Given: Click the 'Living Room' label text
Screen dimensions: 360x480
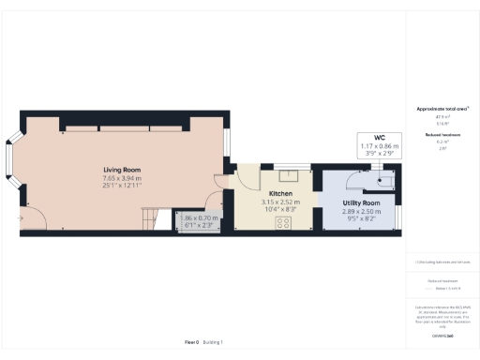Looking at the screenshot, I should coord(122,170).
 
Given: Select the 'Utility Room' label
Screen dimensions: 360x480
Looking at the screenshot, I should coord(361,203).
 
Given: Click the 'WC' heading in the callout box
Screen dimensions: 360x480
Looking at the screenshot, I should coord(380,138).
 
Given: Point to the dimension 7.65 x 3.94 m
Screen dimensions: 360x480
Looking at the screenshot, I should coord(122,178).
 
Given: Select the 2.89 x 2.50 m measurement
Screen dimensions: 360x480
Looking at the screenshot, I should coord(361,212).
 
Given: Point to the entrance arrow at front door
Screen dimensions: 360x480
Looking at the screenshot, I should coord(21,221).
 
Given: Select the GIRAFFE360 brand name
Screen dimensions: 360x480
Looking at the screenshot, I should coord(441,335).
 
